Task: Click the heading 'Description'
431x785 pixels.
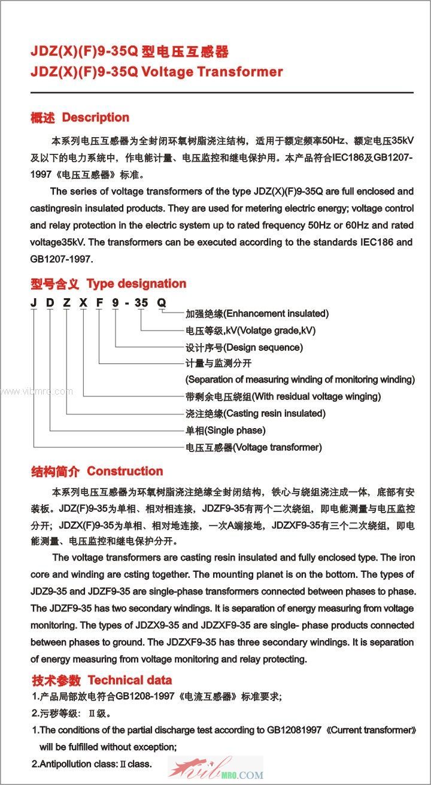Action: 96,117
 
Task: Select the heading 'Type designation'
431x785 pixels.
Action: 136,284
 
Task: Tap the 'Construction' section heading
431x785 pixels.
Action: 125,471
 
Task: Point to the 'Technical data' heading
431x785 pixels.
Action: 130,680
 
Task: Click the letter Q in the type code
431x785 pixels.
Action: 161,302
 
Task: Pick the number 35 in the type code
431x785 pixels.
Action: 141,302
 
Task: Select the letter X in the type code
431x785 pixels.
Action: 82,302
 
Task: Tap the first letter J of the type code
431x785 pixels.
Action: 34,302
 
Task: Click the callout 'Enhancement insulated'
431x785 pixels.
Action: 257,314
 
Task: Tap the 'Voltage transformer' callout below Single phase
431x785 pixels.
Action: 254,447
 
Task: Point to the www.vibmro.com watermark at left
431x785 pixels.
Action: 36,392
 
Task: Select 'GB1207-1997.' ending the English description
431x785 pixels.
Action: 62,260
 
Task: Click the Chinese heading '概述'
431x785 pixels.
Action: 43,118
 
